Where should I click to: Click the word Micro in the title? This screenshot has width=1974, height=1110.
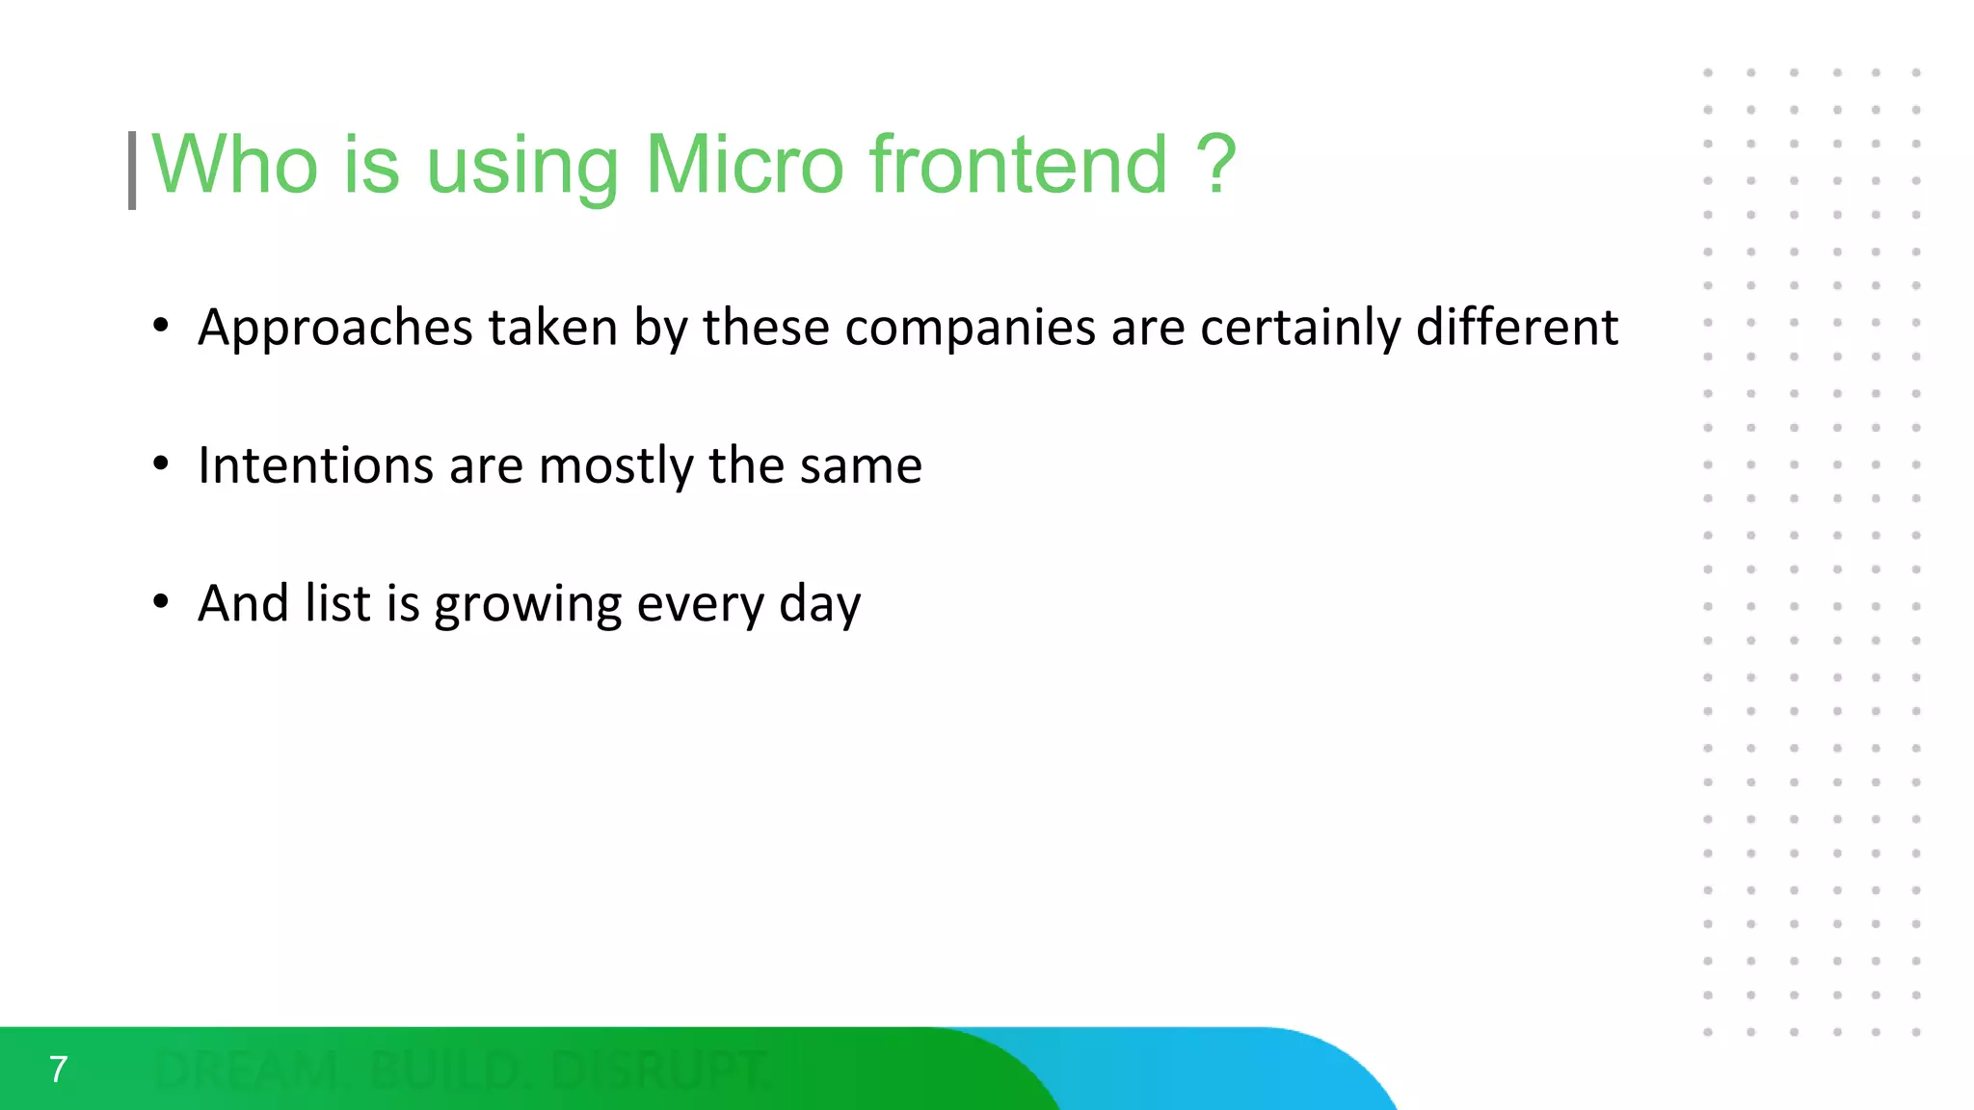pyautogui.click(x=744, y=165)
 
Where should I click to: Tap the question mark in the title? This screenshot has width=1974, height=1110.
pyautogui.click(x=1216, y=165)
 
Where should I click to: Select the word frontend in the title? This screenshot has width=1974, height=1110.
pyautogui.click(x=1019, y=165)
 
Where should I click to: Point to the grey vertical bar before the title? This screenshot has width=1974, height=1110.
pyautogui.click(x=132, y=171)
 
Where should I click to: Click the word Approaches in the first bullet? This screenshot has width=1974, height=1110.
pyautogui.click(x=334, y=329)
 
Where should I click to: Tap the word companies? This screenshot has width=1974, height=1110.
pyautogui.click(x=970, y=329)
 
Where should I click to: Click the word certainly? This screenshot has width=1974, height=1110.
pyautogui.click(x=1300, y=329)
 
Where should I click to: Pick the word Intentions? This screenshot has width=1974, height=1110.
pyautogui.click(x=314, y=465)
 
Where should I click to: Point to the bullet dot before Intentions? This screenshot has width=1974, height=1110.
pyautogui.click(x=161, y=464)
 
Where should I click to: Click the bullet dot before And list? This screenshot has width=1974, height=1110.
pyautogui.click(x=161, y=602)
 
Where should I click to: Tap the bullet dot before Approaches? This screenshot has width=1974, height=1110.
pyautogui.click(x=161, y=326)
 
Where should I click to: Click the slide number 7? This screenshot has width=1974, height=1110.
pyautogui.click(x=58, y=1070)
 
